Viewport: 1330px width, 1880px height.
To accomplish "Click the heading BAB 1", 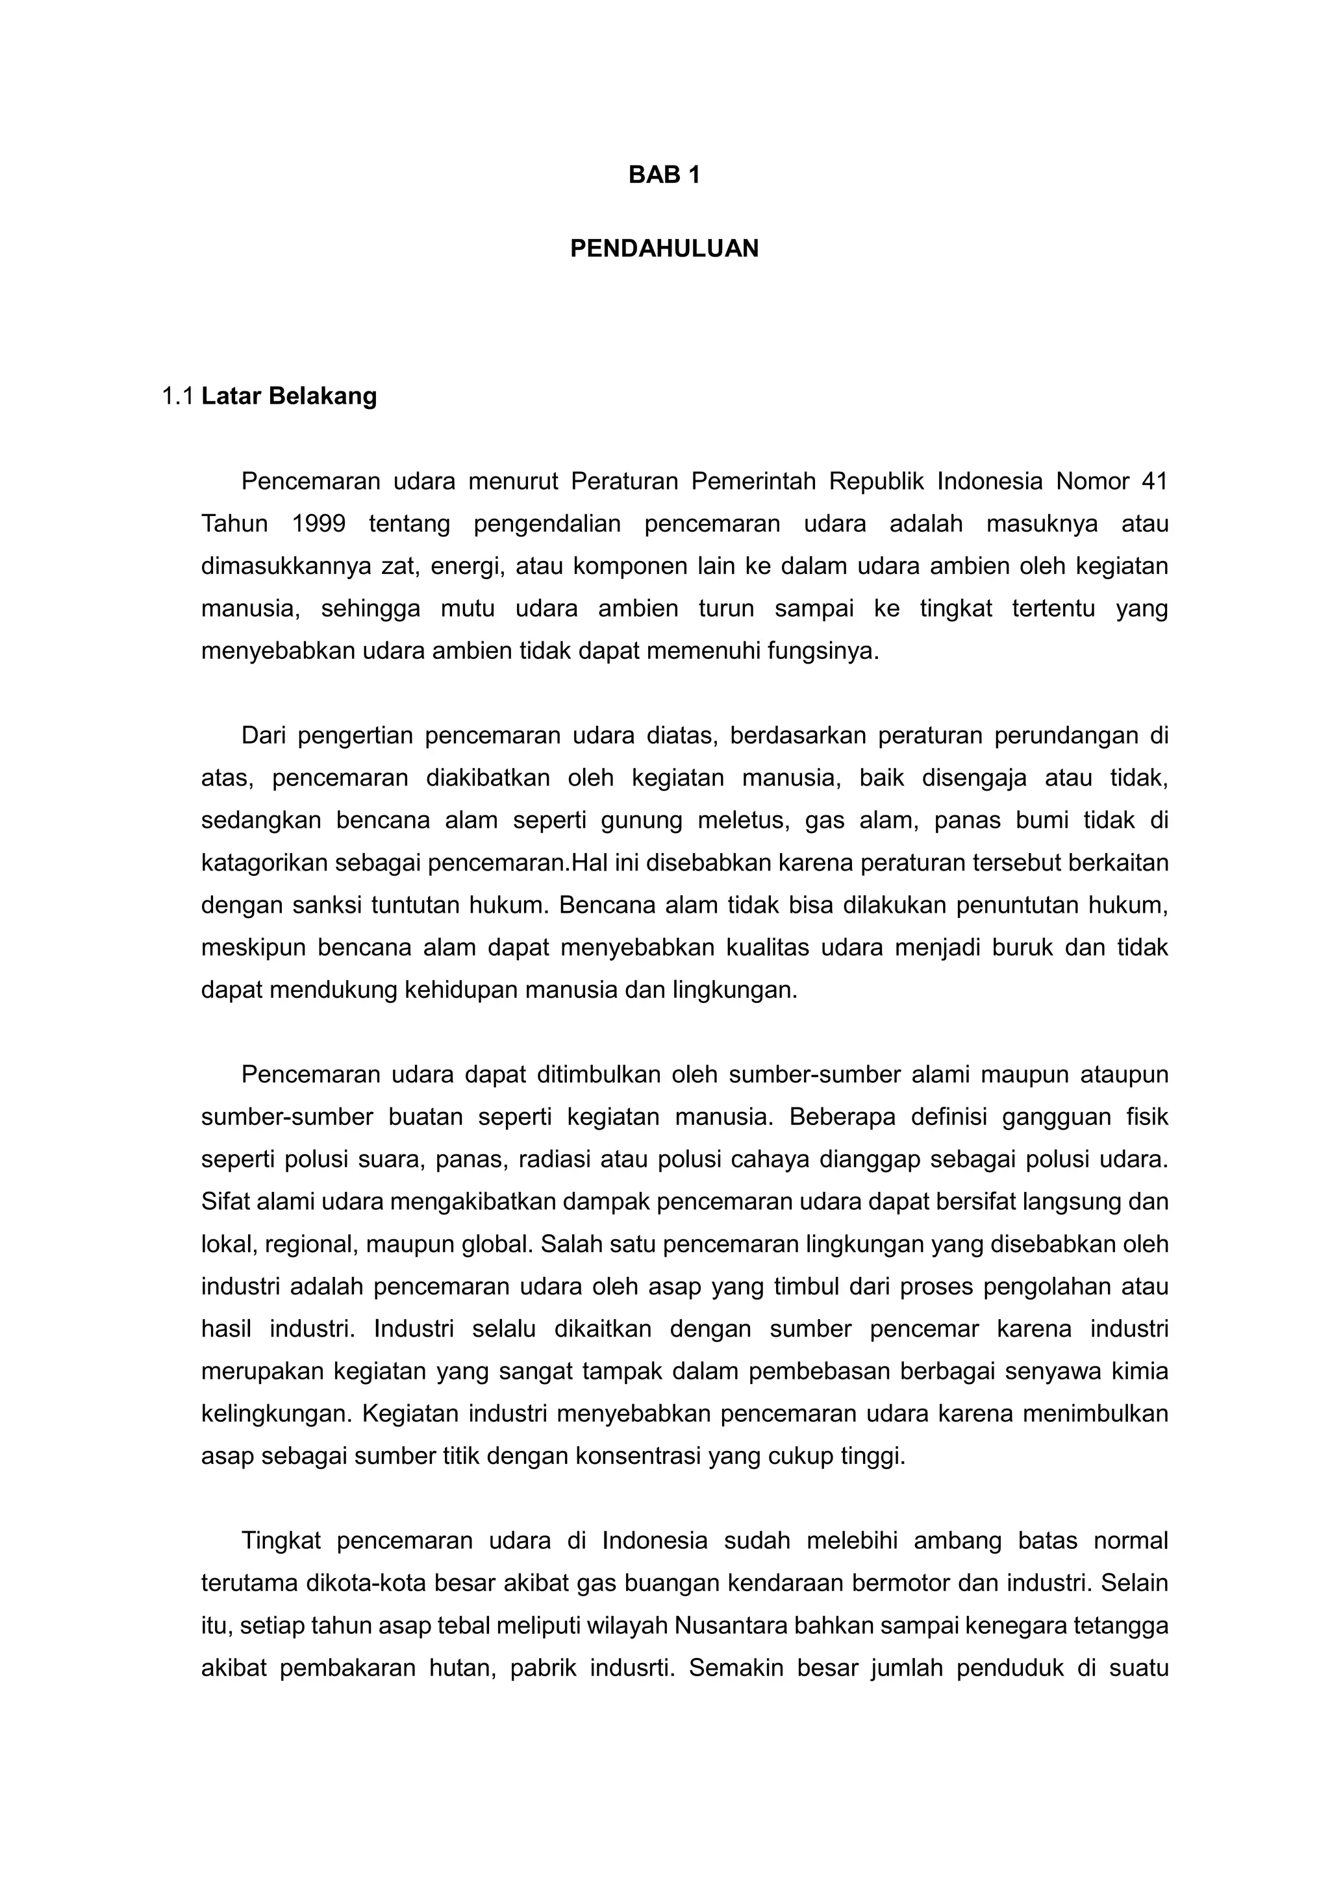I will [664, 175].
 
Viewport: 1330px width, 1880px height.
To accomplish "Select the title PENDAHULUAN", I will [664, 249].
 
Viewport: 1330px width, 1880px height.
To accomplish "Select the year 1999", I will [319, 524].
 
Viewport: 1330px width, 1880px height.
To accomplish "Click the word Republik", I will [875, 482].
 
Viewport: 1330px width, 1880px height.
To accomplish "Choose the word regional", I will [310, 1245].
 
